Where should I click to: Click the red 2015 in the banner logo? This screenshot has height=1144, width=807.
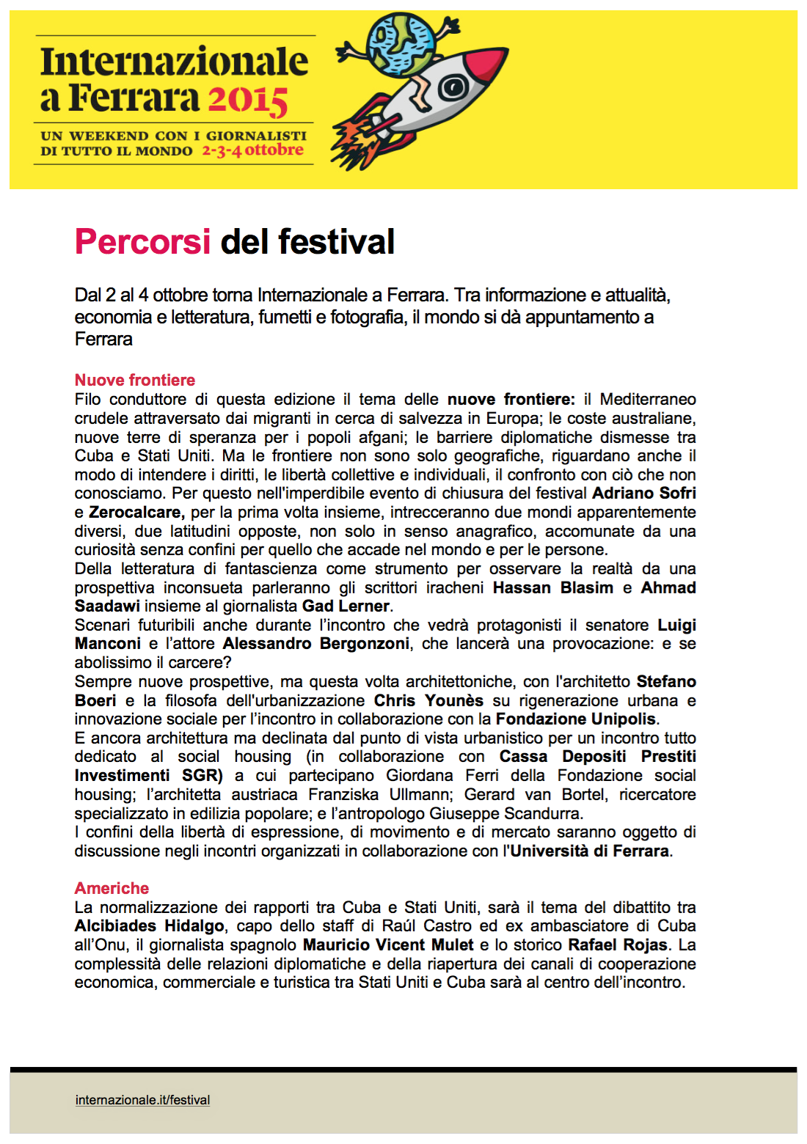[x=247, y=99]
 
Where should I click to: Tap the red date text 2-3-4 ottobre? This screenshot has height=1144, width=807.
[x=252, y=150]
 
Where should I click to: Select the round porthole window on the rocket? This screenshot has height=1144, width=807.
[x=453, y=88]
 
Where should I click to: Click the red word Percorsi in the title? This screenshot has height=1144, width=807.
[x=142, y=242]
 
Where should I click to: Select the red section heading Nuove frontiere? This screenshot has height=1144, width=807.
[x=135, y=380]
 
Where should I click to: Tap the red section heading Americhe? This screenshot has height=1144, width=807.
[x=112, y=888]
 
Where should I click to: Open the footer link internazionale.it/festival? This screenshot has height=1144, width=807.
[x=142, y=1100]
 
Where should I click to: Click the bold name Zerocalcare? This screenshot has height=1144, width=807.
[x=136, y=512]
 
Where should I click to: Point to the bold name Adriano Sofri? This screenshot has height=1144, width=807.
[x=643, y=493]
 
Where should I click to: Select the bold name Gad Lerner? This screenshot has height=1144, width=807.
[x=346, y=606]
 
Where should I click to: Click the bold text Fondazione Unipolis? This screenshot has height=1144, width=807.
[x=576, y=719]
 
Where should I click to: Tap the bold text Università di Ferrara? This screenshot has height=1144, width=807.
[x=589, y=851]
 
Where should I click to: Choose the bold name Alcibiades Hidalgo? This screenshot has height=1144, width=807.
[x=149, y=925]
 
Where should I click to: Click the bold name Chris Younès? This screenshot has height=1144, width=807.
[x=428, y=700]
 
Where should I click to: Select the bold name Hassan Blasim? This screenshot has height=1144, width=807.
[x=552, y=587]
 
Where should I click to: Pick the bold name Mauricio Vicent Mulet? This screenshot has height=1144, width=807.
[x=388, y=945]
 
